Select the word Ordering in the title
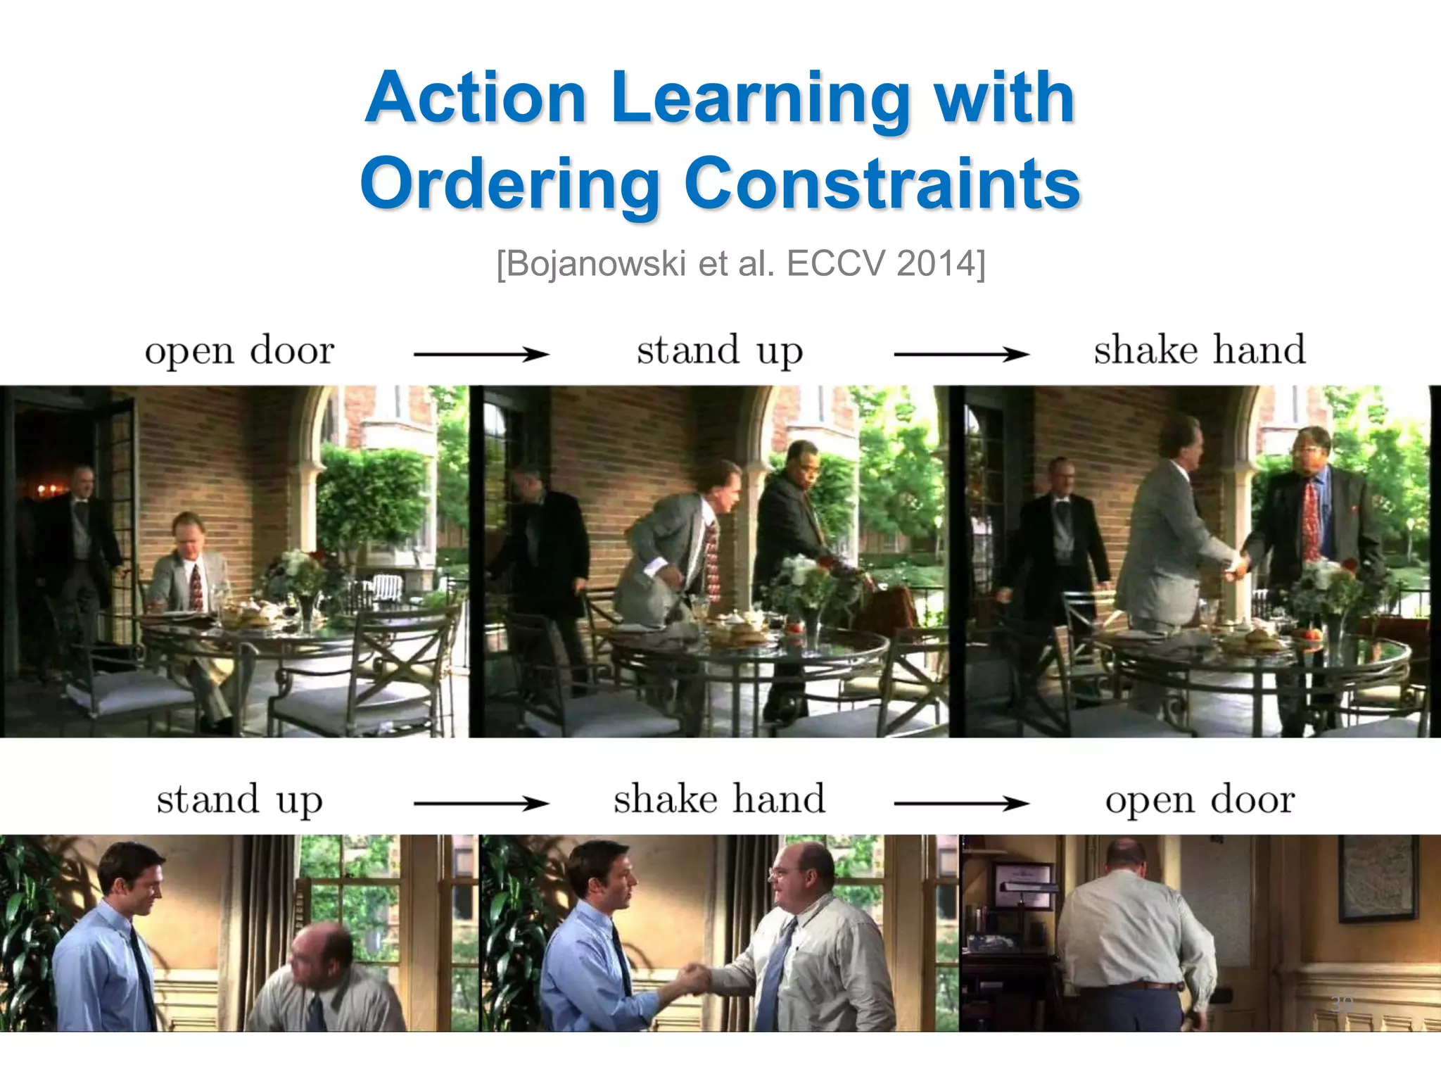coord(511,184)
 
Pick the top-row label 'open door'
coord(239,350)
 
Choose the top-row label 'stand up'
coord(719,350)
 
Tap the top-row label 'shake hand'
coord(1199,350)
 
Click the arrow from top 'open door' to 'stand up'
coord(481,354)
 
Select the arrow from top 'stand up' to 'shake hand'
coord(961,354)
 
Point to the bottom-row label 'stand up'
coord(239,800)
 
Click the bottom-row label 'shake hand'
coord(719,800)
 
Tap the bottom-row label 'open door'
coord(1200,800)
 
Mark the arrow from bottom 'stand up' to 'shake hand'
coord(481,803)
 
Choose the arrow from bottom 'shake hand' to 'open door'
coord(961,803)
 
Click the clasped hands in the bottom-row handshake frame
coord(693,978)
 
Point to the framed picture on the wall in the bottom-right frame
coord(1377,878)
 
